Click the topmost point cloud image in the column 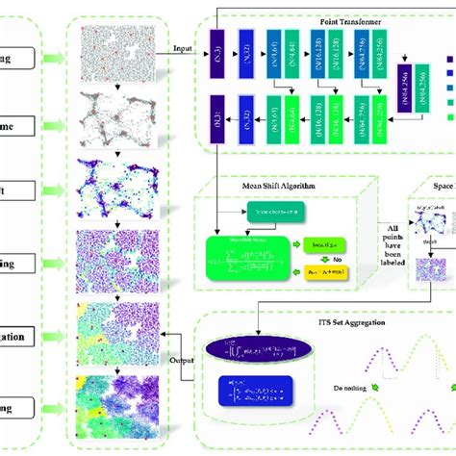[113, 47]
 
